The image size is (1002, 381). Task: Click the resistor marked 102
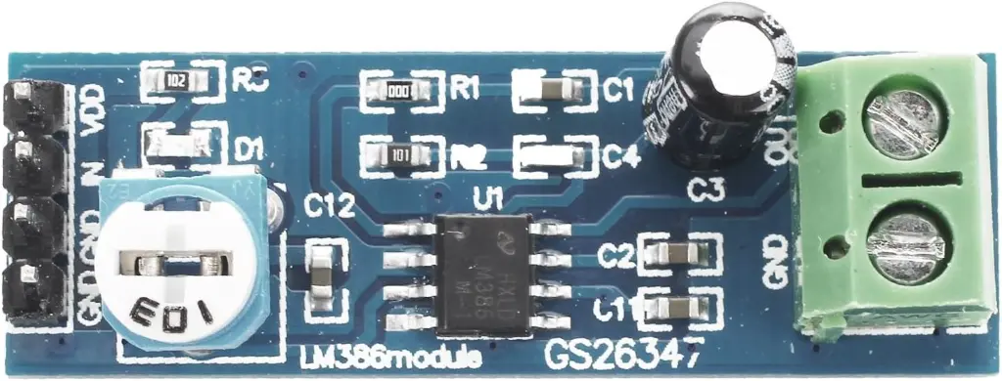pos(176,82)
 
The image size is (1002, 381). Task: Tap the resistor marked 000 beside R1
pos(397,89)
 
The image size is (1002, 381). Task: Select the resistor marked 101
pos(397,153)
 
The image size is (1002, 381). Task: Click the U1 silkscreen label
pos(487,201)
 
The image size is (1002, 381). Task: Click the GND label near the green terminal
pos(774,261)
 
